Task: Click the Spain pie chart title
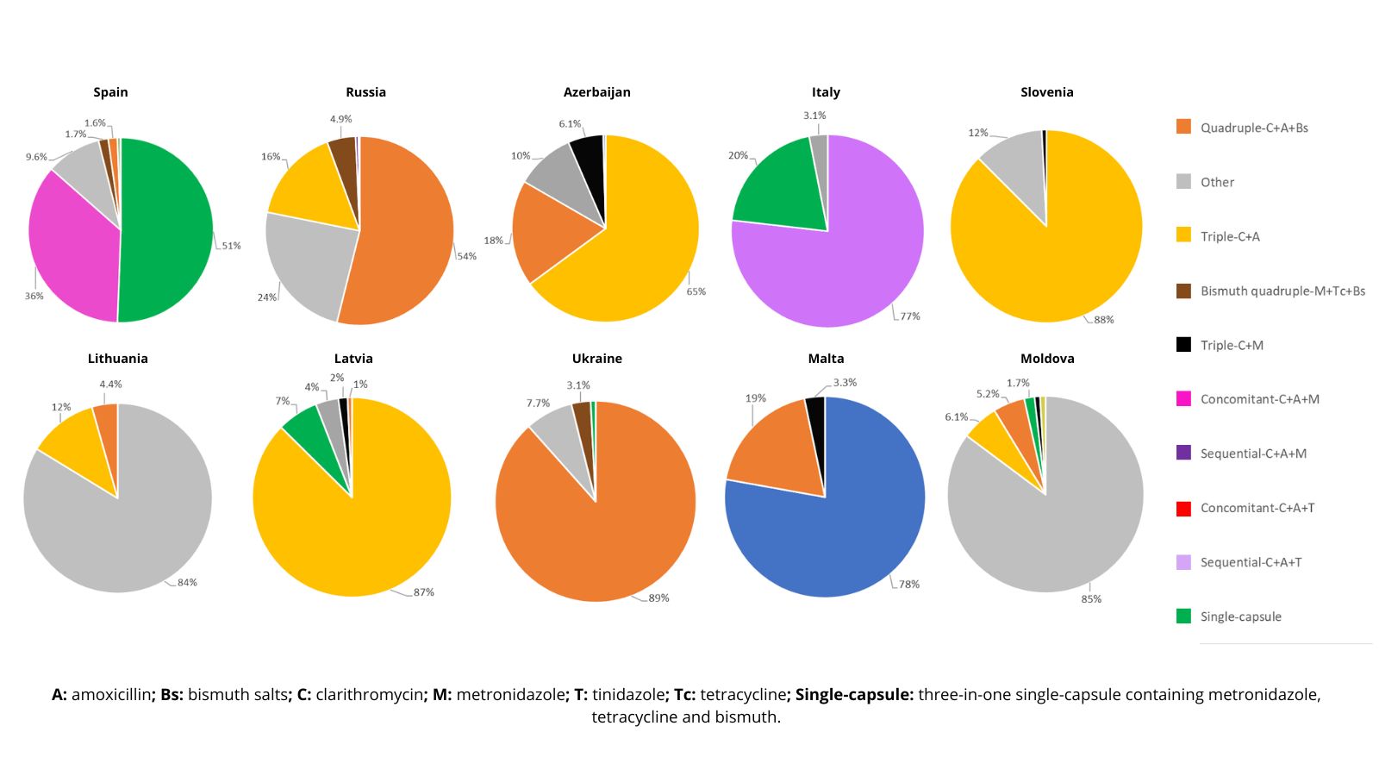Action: [110, 92]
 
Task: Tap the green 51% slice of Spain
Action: [168, 228]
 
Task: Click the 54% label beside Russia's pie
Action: [466, 256]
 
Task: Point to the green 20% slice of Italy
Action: [776, 190]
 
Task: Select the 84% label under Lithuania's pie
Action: [187, 583]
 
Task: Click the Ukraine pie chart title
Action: [596, 359]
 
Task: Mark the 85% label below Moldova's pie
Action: [1091, 599]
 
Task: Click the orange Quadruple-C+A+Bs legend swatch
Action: [1183, 128]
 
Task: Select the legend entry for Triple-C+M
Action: [1232, 346]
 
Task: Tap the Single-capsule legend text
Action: [1240, 617]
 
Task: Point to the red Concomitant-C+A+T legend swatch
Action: [1183, 508]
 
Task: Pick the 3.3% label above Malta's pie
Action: [845, 383]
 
